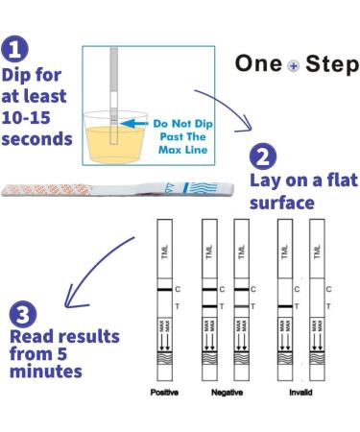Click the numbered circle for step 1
click(x=16, y=49)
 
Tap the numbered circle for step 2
click(x=264, y=157)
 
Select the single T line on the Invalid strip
click(x=285, y=305)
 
